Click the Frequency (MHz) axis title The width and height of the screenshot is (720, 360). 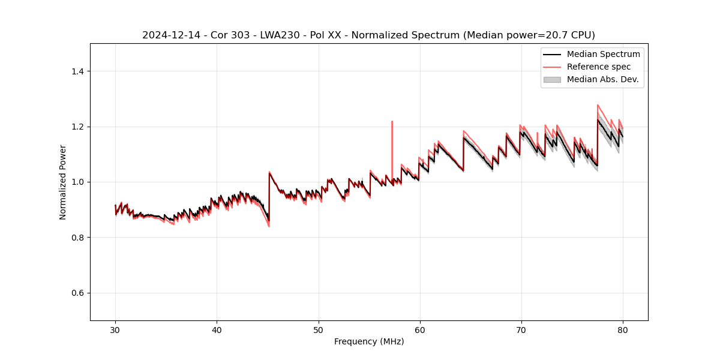[x=369, y=341]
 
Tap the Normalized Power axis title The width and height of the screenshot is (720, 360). [x=63, y=182]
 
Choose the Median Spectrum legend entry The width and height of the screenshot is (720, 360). [x=603, y=54]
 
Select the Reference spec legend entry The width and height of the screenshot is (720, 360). [x=598, y=67]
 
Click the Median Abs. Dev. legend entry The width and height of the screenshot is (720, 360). [x=602, y=79]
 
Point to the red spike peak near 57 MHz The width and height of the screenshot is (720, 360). [x=392, y=121]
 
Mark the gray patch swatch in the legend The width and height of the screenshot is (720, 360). [x=552, y=79]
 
